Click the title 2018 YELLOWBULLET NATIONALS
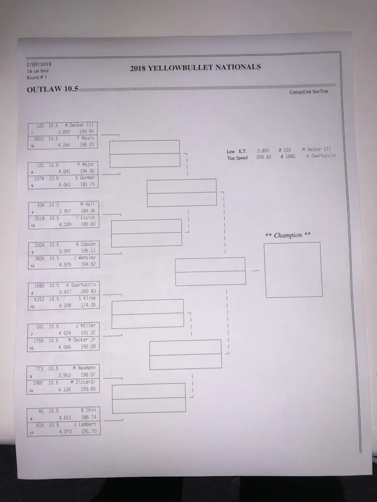click(x=195, y=68)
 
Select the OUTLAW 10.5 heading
click(x=53, y=89)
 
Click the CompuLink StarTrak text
click(x=309, y=93)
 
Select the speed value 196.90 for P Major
click(x=87, y=171)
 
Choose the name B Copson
click(x=85, y=244)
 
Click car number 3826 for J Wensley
click(x=40, y=258)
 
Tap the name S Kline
click(x=87, y=298)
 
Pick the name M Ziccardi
click(x=83, y=382)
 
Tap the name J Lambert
click(x=85, y=424)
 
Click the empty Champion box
click(x=293, y=270)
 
